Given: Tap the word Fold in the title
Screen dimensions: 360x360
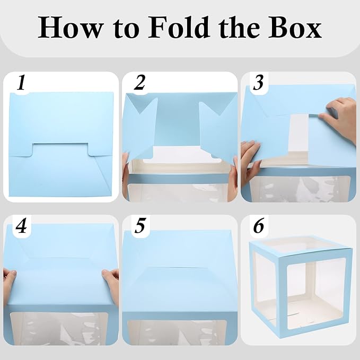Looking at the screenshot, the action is point(179,27).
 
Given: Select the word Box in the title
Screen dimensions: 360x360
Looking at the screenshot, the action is point(295,27).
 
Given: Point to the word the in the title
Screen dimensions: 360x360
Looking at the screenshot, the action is point(240,27).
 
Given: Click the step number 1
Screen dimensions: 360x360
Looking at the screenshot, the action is point(21,82).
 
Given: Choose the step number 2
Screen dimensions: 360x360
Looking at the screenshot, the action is point(140,82).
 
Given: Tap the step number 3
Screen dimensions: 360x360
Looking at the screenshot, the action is point(259,82).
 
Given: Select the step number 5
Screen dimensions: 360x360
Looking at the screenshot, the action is point(140,225).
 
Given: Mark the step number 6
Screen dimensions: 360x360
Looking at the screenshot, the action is point(259,225).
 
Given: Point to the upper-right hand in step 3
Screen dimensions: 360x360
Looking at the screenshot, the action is point(340,117).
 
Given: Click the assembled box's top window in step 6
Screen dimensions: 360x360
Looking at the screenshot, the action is point(298,244).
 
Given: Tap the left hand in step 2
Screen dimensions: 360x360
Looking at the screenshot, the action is point(126,174).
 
